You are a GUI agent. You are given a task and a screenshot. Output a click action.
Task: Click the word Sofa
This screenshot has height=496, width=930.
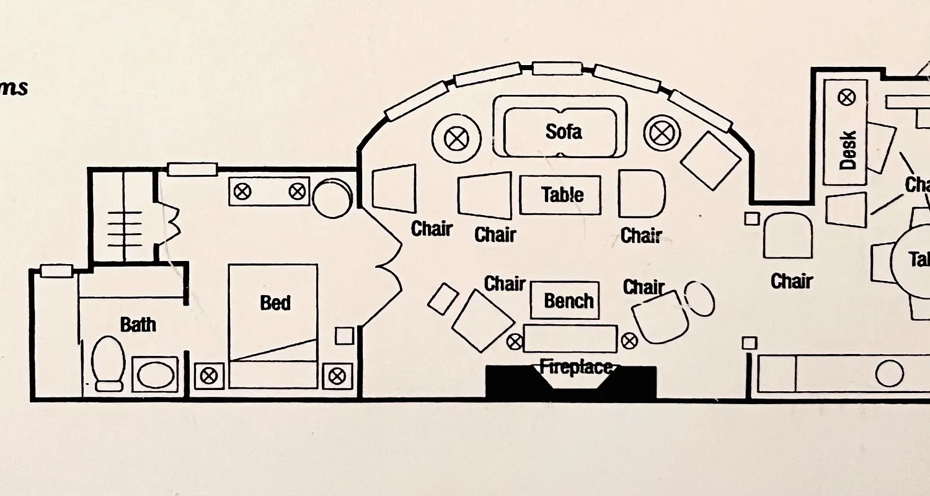[x=564, y=131]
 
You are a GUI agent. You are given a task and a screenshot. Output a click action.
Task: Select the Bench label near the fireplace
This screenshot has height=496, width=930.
[x=569, y=301]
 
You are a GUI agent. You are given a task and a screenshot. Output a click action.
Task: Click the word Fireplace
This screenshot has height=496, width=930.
[x=575, y=367]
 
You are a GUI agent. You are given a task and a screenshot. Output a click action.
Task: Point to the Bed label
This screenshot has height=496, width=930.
[x=275, y=303]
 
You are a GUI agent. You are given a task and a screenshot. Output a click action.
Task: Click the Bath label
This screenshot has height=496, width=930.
[x=138, y=324]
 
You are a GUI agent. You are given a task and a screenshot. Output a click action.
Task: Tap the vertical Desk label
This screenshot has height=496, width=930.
[x=847, y=150]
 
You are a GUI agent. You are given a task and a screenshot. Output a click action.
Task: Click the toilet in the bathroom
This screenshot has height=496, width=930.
[x=108, y=363]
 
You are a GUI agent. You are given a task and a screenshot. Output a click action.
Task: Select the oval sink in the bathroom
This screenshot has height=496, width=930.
[x=156, y=374]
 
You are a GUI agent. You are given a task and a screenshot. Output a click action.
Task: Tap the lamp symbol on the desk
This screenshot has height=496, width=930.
[x=846, y=97]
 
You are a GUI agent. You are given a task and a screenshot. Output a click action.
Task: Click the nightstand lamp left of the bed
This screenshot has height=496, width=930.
[x=209, y=374]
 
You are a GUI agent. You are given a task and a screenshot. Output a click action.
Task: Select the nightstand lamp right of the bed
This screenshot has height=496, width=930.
[x=337, y=375]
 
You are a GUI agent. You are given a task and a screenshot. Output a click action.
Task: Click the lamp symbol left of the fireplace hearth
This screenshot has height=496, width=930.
[x=515, y=341]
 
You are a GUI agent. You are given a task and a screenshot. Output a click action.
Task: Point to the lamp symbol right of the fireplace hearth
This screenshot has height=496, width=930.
[x=629, y=340]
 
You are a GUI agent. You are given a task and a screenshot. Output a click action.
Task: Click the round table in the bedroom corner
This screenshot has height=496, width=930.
[x=332, y=198]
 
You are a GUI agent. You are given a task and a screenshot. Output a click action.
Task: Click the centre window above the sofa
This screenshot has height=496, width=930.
[x=557, y=68]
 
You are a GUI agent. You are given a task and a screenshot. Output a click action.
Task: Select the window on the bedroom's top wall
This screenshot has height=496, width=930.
[x=192, y=169]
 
